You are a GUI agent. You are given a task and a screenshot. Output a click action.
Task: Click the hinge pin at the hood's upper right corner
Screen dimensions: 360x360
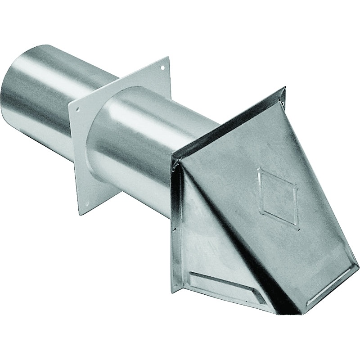click(283, 104)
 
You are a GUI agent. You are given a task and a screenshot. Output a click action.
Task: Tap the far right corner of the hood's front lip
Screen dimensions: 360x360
click(358, 268)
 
